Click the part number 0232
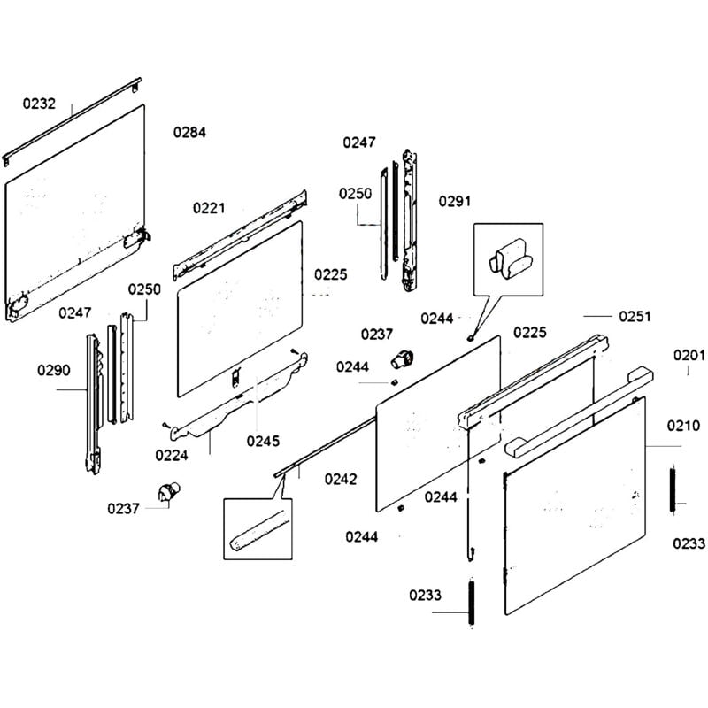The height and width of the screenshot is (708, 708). click(39, 104)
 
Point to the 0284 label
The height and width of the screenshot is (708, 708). click(189, 133)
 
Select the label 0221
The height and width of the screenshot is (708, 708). click(210, 209)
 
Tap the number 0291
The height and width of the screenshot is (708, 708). click(455, 201)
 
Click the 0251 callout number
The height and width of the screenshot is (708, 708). click(635, 316)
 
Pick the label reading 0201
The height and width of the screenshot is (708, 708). click(689, 356)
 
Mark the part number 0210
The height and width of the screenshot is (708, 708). click(682, 426)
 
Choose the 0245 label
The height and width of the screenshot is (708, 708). click(263, 439)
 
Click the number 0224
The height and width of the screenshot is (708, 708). click(171, 455)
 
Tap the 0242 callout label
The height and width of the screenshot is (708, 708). click(341, 480)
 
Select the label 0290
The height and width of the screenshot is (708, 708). click(54, 370)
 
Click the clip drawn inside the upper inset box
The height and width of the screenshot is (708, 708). click(511, 258)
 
